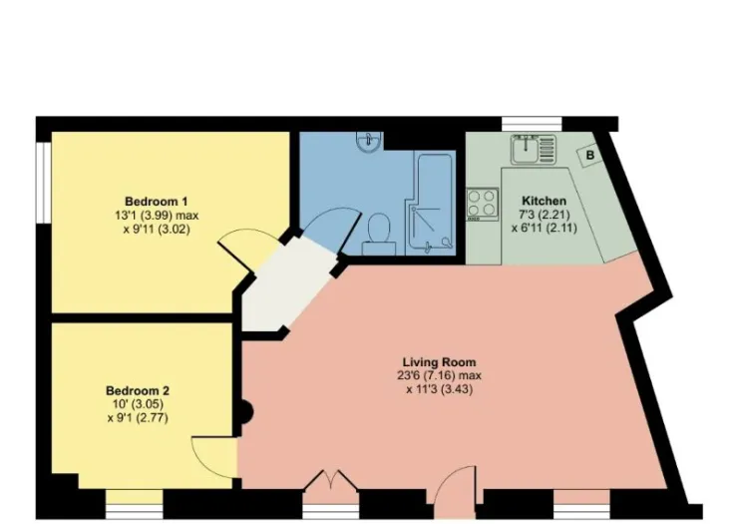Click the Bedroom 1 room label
coord(157,202)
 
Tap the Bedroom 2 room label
coord(138,390)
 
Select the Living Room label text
coord(439,362)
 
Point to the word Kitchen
coord(545,201)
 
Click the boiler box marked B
coord(590,155)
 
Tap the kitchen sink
coord(534,149)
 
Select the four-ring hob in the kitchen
coord(483,204)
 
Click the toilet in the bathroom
coord(379,234)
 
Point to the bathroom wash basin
coord(369,142)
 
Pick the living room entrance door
coord(455,490)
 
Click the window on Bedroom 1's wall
coord(43,183)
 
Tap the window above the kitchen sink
coord(532,124)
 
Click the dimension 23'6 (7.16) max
coord(439,376)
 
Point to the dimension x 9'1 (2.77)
coord(138,418)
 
